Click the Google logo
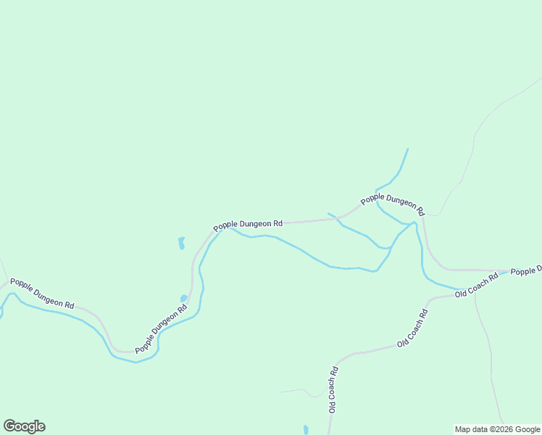24,426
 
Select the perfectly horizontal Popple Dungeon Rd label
248,225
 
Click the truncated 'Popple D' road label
526,271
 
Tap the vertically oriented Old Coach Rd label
333,389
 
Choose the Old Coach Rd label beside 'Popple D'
477,284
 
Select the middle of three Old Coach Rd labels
413,328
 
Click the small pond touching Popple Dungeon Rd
184,298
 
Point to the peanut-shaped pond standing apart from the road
181,243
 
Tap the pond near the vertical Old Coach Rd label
306,429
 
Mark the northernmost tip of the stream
408,149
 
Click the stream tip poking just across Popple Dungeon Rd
330,214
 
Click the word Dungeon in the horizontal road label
255,225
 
